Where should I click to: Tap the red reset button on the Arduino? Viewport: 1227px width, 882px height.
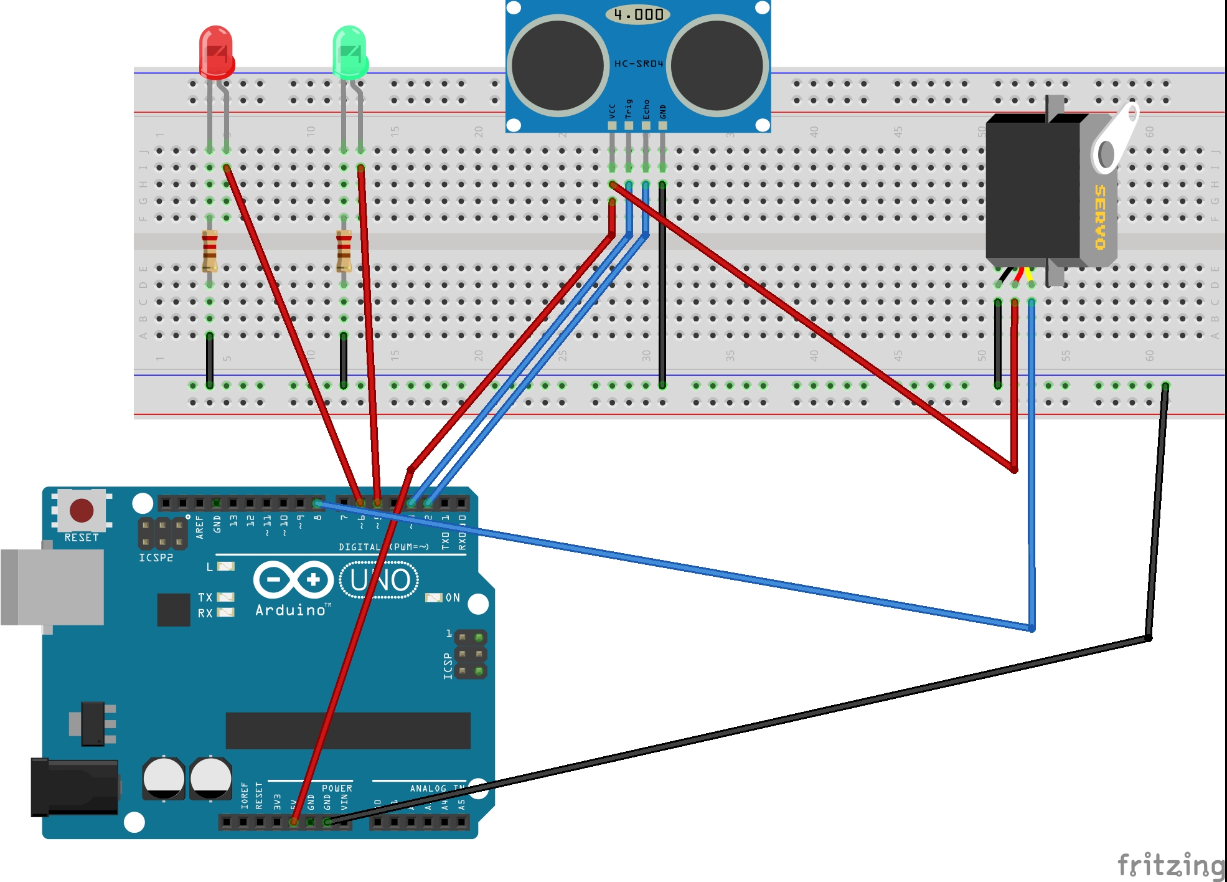click(x=82, y=510)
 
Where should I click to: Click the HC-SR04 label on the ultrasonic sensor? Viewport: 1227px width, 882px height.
click(x=639, y=64)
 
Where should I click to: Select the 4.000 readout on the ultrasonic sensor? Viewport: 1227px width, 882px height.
click(x=638, y=14)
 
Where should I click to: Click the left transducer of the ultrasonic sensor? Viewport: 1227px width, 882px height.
click(x=557, y=65)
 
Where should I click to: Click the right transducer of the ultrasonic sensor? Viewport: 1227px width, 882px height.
click(x=717, y=65)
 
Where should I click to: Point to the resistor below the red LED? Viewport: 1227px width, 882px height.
click(x=210, y=251)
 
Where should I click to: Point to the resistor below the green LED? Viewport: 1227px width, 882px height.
click(x=344, y=251)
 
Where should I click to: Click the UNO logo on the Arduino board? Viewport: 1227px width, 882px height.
click(x=379, y=581)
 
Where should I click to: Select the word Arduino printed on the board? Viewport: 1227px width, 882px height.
click(x=291, y=610)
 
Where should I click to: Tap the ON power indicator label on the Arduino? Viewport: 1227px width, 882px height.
click(x=453, y=598)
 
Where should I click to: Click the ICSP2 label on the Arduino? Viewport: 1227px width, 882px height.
click(x=156, y=557)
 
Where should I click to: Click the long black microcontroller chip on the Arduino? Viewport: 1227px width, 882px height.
click(x=348, y=731)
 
